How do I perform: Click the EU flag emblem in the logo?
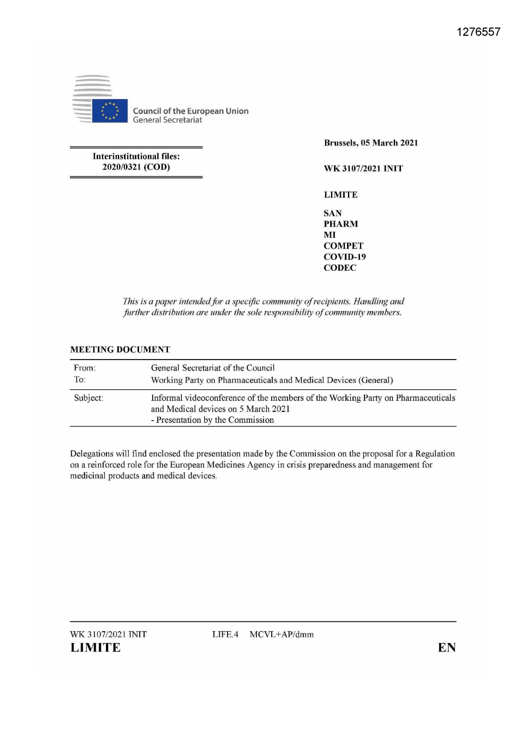(x=109, y=111)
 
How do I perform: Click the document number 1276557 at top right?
(x=479, y=32)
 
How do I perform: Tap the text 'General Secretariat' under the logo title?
(x=167, y=120)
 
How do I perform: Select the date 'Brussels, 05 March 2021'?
(x=371, y=143)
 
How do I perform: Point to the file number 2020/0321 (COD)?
(x=136, y=167)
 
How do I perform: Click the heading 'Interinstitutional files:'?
(x=136, y=156)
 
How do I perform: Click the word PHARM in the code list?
(x=341, y=224)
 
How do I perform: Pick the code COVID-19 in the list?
(x=345, y=257)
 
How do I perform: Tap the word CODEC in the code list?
(x=340, y=268)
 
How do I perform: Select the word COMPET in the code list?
(x=343, y=246)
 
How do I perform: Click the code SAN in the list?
(x=333, y=213)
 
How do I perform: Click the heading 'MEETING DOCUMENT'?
(x=120, y=349)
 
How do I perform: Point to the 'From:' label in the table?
(x=85, y=368)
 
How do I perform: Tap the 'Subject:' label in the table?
(x=89, y=398)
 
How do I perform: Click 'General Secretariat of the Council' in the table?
(x=213, y=368)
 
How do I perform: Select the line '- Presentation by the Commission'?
(x=212, y=420)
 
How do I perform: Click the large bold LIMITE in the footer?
(x=95, y=648)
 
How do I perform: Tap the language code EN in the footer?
(x=447, y=648)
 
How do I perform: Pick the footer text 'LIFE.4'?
(x=225, y=634)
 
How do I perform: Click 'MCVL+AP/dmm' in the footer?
(x=282, y=634)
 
